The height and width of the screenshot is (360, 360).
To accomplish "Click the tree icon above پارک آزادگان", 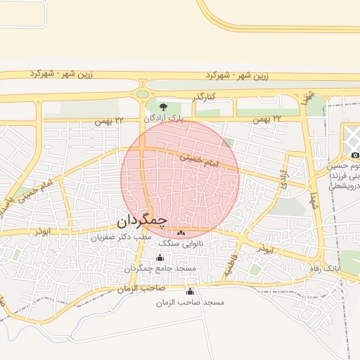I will pos(163,108).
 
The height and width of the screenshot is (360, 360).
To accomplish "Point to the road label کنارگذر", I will pos(195,97).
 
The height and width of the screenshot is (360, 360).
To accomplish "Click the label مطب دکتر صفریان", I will pos(120,238).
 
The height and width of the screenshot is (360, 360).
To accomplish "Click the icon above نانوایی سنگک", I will pos(181,233).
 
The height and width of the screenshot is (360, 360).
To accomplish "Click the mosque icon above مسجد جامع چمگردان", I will pos(160,258).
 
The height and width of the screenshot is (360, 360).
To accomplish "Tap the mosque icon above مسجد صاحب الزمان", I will pos(189,291).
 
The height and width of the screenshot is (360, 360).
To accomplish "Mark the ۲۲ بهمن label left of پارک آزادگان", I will pos(109,121).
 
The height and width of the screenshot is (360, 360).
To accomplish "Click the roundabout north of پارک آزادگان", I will pos(143,94).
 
